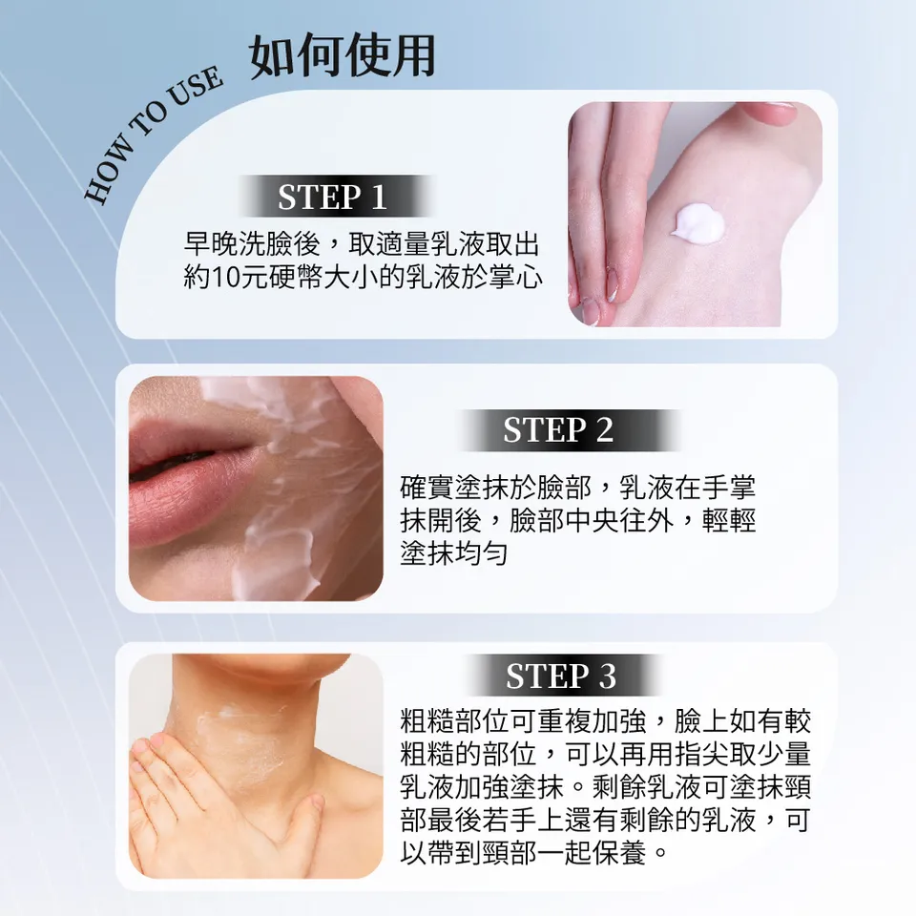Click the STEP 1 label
tap(332, 197)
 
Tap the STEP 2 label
tap(559, 430)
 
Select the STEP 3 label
tap(561, 676)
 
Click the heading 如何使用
tap(342, 56)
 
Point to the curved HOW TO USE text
tap(153, 135)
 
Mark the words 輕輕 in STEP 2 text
tap(731, 520)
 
